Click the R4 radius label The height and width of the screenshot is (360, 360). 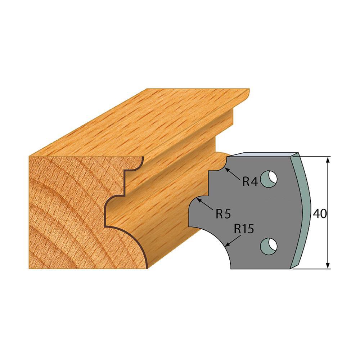click(x=249, y=182)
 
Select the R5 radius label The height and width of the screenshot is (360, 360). click(x=223, y=215)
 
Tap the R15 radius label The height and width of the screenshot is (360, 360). click(x=244, y=229)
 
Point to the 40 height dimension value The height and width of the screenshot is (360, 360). click(x=319, y=213)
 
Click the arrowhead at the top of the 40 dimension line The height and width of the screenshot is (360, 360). click(x=328, y=159)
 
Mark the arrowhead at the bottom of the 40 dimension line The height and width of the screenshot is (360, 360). click(x=328, y=266)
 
